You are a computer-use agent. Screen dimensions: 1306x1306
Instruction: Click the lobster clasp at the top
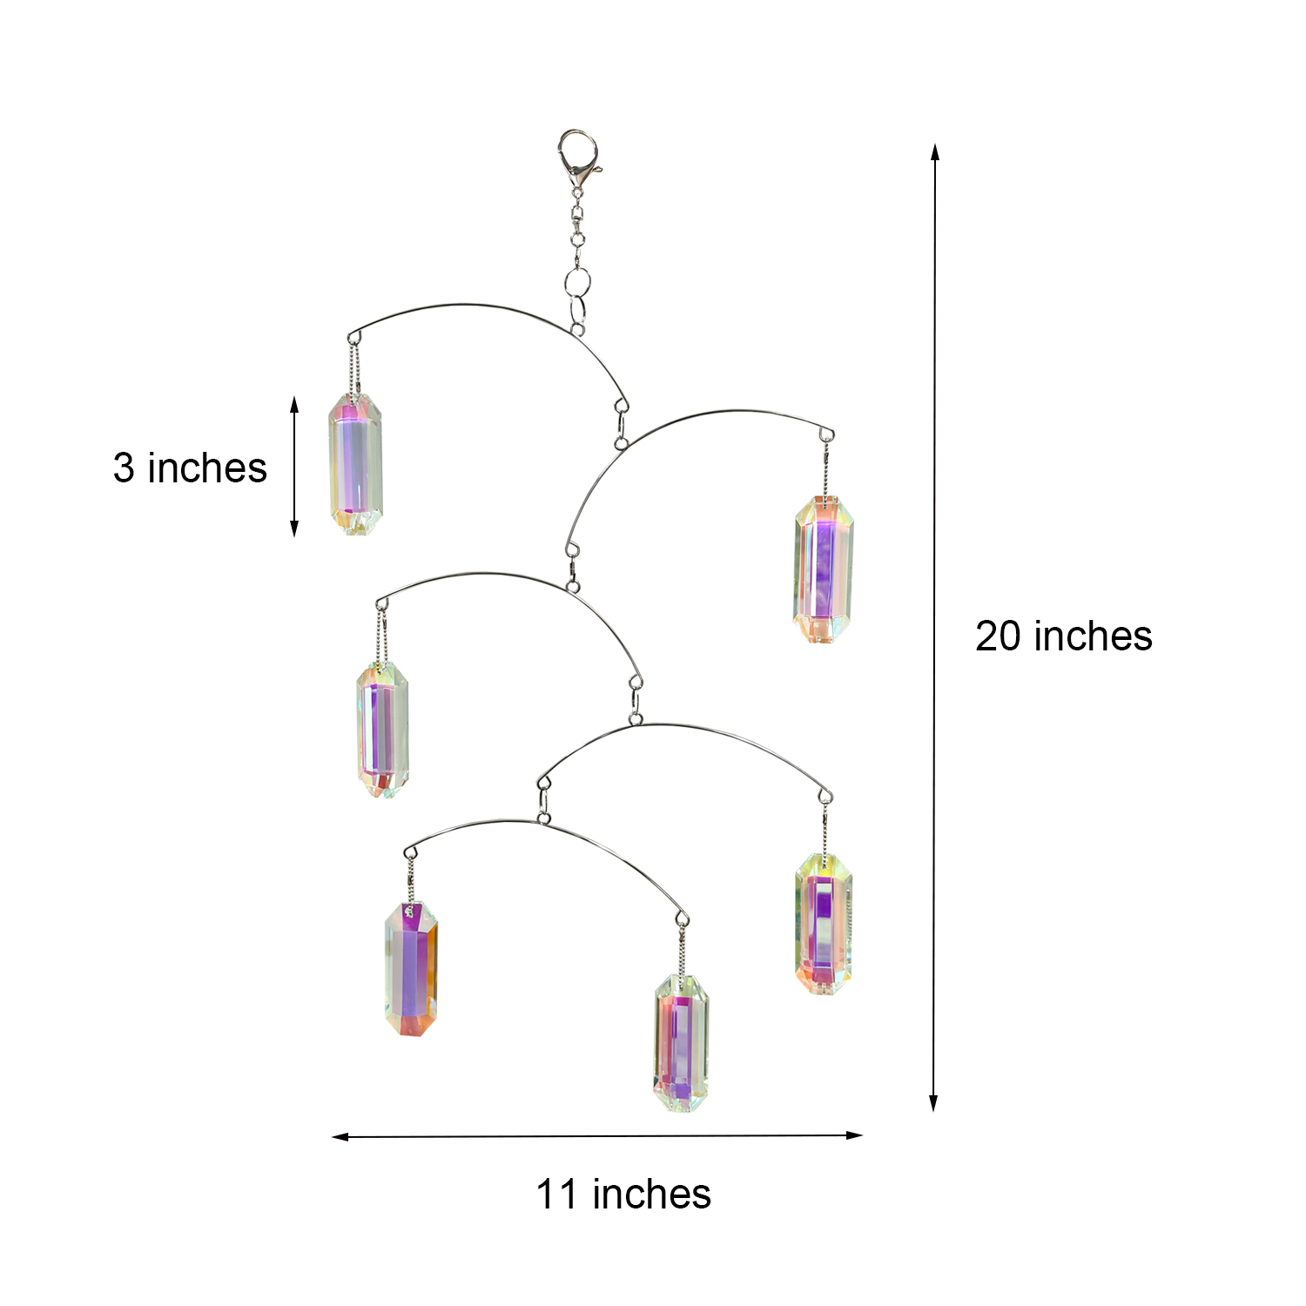coord(578,157)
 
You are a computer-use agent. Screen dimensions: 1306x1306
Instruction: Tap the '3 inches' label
coord(190,468)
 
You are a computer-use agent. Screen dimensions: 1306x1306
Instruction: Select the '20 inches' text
coord(1064,636)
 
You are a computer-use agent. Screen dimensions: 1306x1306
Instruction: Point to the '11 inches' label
coord(623,1194)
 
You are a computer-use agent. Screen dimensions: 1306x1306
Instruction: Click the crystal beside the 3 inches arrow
coord(355,463)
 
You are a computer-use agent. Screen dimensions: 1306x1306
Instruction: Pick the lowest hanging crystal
coord(682,1043)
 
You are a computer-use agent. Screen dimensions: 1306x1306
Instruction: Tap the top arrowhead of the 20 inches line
coord(935,151)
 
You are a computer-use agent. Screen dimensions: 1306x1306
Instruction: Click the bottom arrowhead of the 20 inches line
coord(933,1103)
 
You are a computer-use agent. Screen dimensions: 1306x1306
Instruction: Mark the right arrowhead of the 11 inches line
coord(853,1134)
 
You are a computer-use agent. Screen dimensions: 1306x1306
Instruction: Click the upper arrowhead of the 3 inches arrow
coord(294,404)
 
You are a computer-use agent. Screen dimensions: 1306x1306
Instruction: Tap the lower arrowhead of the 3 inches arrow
coord(294,527)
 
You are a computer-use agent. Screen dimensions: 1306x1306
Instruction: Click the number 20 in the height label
coord(998,636)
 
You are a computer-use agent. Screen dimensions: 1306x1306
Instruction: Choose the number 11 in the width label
coord(556,1194)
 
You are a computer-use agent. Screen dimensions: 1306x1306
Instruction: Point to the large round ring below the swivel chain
coord(576,282)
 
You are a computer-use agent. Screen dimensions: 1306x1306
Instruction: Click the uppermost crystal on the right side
coord(824,569)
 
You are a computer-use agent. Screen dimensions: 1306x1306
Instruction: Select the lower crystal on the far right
coord(824,924)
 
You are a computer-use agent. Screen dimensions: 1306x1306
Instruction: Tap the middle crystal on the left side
coord(382,730)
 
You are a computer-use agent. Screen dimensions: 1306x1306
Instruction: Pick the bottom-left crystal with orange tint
coord(411,969)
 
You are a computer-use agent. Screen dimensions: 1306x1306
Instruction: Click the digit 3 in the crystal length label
coord(124,468)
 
